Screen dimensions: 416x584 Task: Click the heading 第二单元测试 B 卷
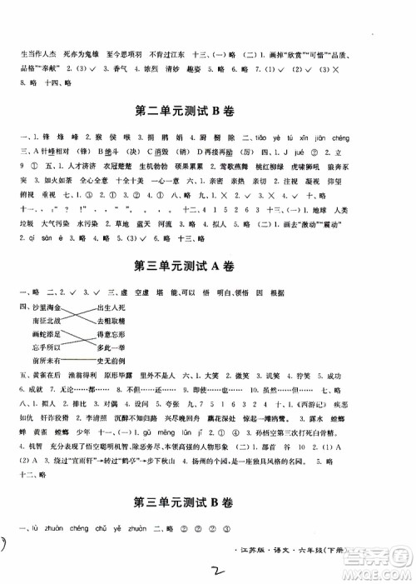(x=208, y=108)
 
